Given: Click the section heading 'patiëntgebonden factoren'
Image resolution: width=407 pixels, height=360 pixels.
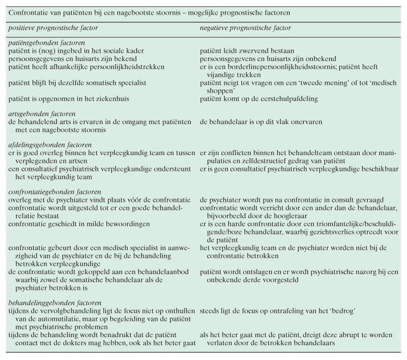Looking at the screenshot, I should (47, 43).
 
